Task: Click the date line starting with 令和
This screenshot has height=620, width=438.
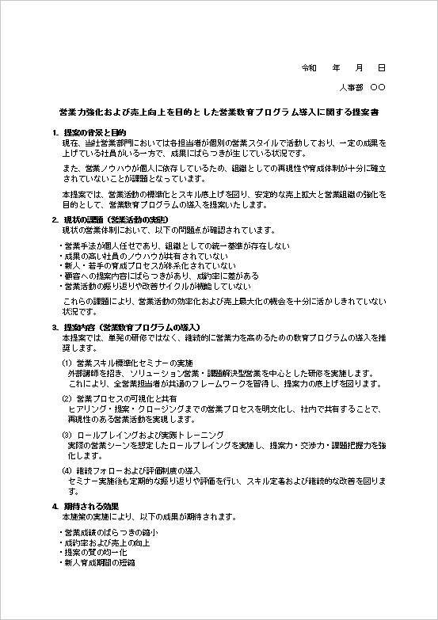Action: (x=345, y=70)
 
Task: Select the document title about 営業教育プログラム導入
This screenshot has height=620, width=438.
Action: (x=219, y=113)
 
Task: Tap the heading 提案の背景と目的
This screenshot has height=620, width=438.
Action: (x=95, y=132)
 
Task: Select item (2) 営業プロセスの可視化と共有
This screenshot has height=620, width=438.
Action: (x=119, y=397)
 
